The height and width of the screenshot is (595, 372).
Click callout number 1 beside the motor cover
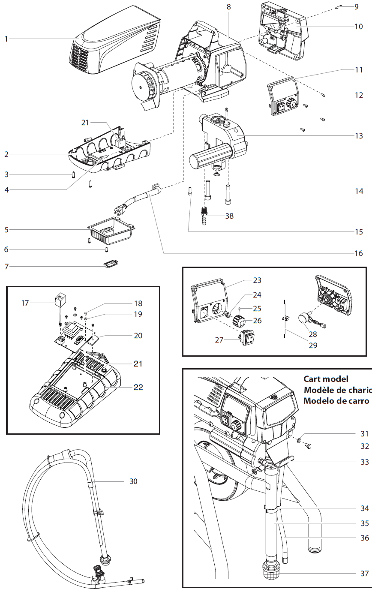click(x=6, y=39)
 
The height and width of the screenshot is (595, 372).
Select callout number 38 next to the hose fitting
click(x=229, y=216)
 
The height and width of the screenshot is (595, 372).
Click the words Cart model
click(x=326, y=379)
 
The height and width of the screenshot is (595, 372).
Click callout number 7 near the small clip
click(x=6, y=267)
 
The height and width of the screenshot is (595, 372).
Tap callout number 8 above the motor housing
click(x=228, y=7)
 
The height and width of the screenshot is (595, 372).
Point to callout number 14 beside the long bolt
click(x=359, y=191)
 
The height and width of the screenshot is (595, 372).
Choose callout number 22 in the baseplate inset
click(x=138, y=387)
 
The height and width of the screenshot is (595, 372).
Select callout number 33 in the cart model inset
click(x=364, y=462)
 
